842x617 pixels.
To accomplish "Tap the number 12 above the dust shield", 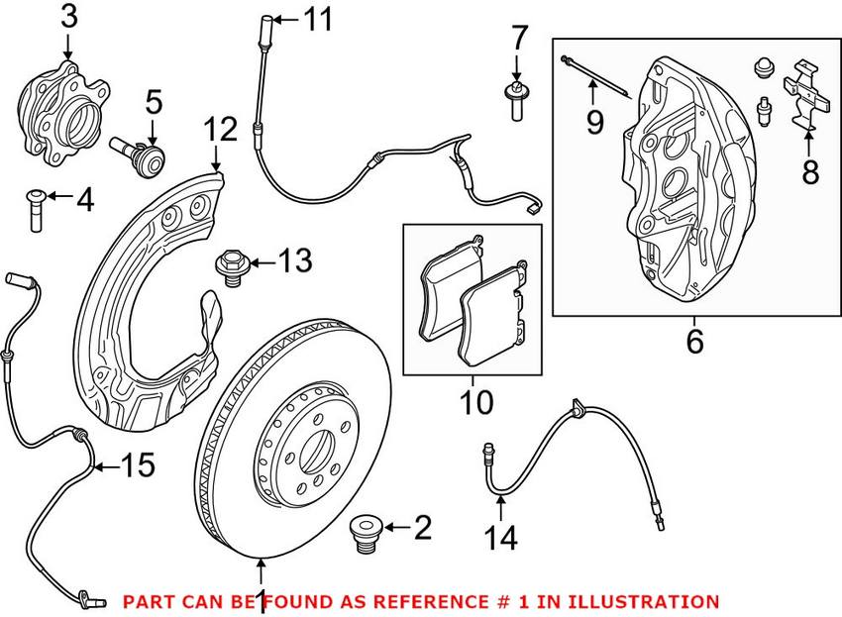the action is pyautogui.click(x=220, y=130).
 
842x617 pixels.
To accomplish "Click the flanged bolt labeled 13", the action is pyautogui.click(x=232, y=267).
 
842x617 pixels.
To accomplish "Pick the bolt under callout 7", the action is pyautogui.click(x=515, y=101).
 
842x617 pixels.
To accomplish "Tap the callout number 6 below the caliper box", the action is pyautogui.click(x=694, y=341).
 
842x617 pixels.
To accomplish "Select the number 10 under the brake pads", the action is pyautogui.click(x=475, y=402).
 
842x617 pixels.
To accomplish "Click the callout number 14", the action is pyautogui.click(x=500, y=538).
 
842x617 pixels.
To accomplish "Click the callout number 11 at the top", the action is pyautogui.click(x=318, y=20).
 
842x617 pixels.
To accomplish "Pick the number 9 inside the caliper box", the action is pyautogui.click(x=594, y=122).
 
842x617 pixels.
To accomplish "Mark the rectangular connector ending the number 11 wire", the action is pyautogui.click(x=534, y=209).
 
